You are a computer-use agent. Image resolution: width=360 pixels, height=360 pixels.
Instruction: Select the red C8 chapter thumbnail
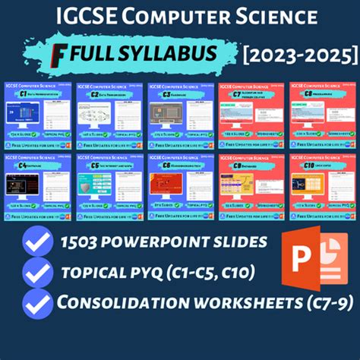coord(251,186)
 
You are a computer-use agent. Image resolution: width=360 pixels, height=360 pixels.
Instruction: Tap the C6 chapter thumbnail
coord(179,186)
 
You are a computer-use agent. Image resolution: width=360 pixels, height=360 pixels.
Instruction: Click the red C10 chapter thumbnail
coord(322,186)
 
